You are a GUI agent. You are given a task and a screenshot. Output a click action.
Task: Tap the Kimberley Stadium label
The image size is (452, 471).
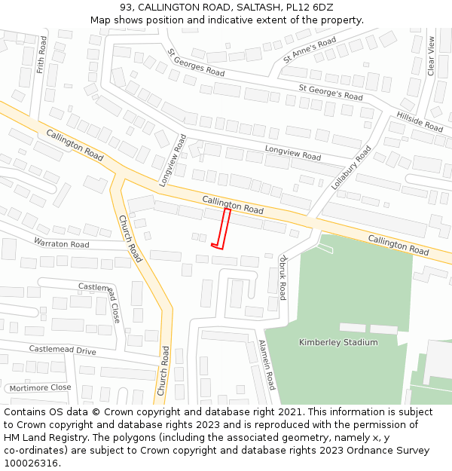338,342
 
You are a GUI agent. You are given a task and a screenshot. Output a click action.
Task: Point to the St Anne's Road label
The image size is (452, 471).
310,49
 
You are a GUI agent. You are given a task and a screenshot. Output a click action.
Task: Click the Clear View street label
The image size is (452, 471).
432,56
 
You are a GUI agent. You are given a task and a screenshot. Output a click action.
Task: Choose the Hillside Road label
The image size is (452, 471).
420,121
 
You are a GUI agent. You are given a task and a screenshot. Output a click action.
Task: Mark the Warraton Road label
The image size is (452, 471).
61,243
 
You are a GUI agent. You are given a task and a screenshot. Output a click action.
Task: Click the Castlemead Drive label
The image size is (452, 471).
63,350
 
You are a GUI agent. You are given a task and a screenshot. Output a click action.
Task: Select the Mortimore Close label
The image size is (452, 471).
40,387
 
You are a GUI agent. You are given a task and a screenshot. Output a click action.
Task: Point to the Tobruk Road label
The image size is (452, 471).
282,276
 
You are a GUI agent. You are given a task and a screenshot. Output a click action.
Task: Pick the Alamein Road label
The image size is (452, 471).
267,365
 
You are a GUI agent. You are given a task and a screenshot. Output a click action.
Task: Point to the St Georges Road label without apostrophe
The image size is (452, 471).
196,63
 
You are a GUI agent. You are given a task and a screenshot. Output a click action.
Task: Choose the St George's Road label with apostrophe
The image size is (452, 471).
330,93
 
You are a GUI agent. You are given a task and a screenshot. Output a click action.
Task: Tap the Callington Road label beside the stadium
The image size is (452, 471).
399,244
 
